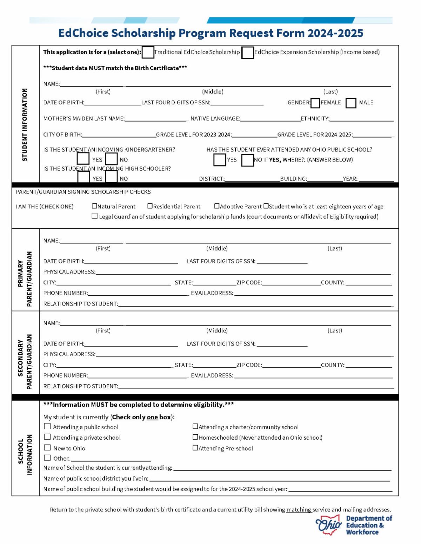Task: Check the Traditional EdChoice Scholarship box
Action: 148,52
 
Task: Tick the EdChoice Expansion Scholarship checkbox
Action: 247,53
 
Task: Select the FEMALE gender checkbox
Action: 315,103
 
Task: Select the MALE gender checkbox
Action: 351,103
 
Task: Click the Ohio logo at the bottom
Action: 328,525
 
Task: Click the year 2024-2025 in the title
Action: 335,33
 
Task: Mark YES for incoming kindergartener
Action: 83,159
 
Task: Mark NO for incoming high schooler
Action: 111,177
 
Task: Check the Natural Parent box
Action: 94,206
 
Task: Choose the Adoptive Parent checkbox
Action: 217,206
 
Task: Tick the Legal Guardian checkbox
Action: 94,216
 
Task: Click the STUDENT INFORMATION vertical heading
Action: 25,124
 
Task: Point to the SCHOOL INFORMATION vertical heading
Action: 25,454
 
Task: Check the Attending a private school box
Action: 47,437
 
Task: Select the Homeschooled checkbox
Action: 195,437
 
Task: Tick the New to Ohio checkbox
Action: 47,447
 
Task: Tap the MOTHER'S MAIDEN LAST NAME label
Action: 84,119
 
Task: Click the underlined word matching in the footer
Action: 299,510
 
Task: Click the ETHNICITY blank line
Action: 361,119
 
